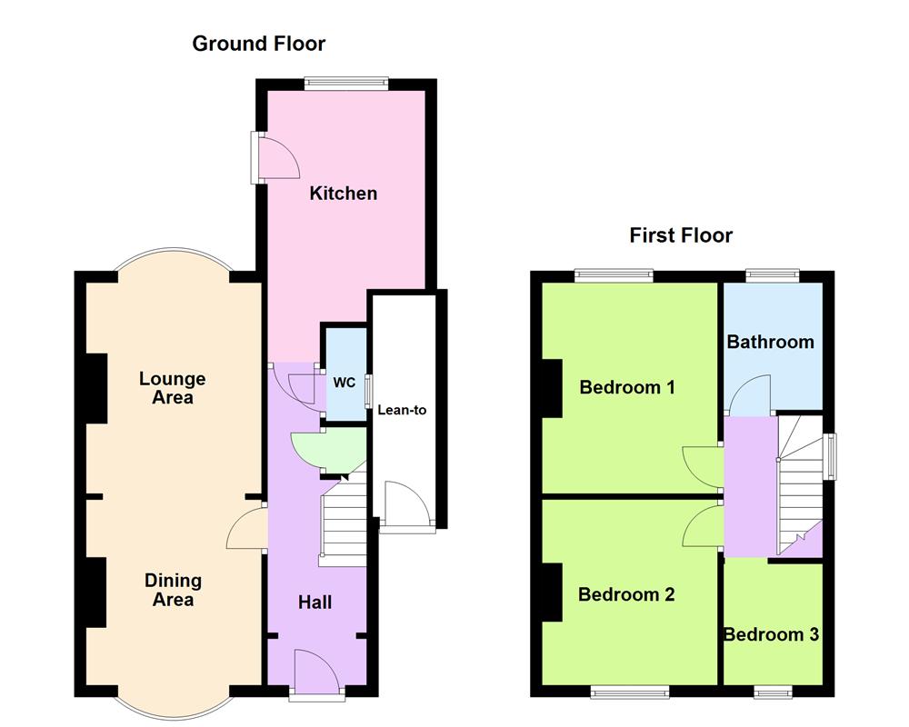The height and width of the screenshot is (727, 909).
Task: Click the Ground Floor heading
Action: coord(258,44)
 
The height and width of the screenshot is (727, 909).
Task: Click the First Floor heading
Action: coord(681,236)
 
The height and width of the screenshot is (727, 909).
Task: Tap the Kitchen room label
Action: coord(343,194)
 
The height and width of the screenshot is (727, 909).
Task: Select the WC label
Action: coord(344,383)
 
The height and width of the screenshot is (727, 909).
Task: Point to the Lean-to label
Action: coord(401,410)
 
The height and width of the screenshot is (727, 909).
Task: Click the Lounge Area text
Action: coord(172,388)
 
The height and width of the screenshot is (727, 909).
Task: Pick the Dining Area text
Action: coord(173,590)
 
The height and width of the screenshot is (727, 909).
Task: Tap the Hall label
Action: coord(315,602)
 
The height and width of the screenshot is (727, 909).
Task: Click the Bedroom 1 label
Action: coord(627,387)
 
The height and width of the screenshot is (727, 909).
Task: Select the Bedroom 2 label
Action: coord(626,594)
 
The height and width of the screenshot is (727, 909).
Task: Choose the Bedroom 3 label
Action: coord(771,634)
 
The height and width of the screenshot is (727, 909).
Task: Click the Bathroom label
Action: coord(770,342)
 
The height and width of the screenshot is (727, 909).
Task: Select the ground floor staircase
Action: coord(344,525)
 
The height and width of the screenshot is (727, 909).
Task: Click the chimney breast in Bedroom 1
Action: coord(551,387)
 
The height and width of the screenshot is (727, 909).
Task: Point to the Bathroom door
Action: coord(751,396)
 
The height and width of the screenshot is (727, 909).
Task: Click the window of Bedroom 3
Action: coord(773,692)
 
